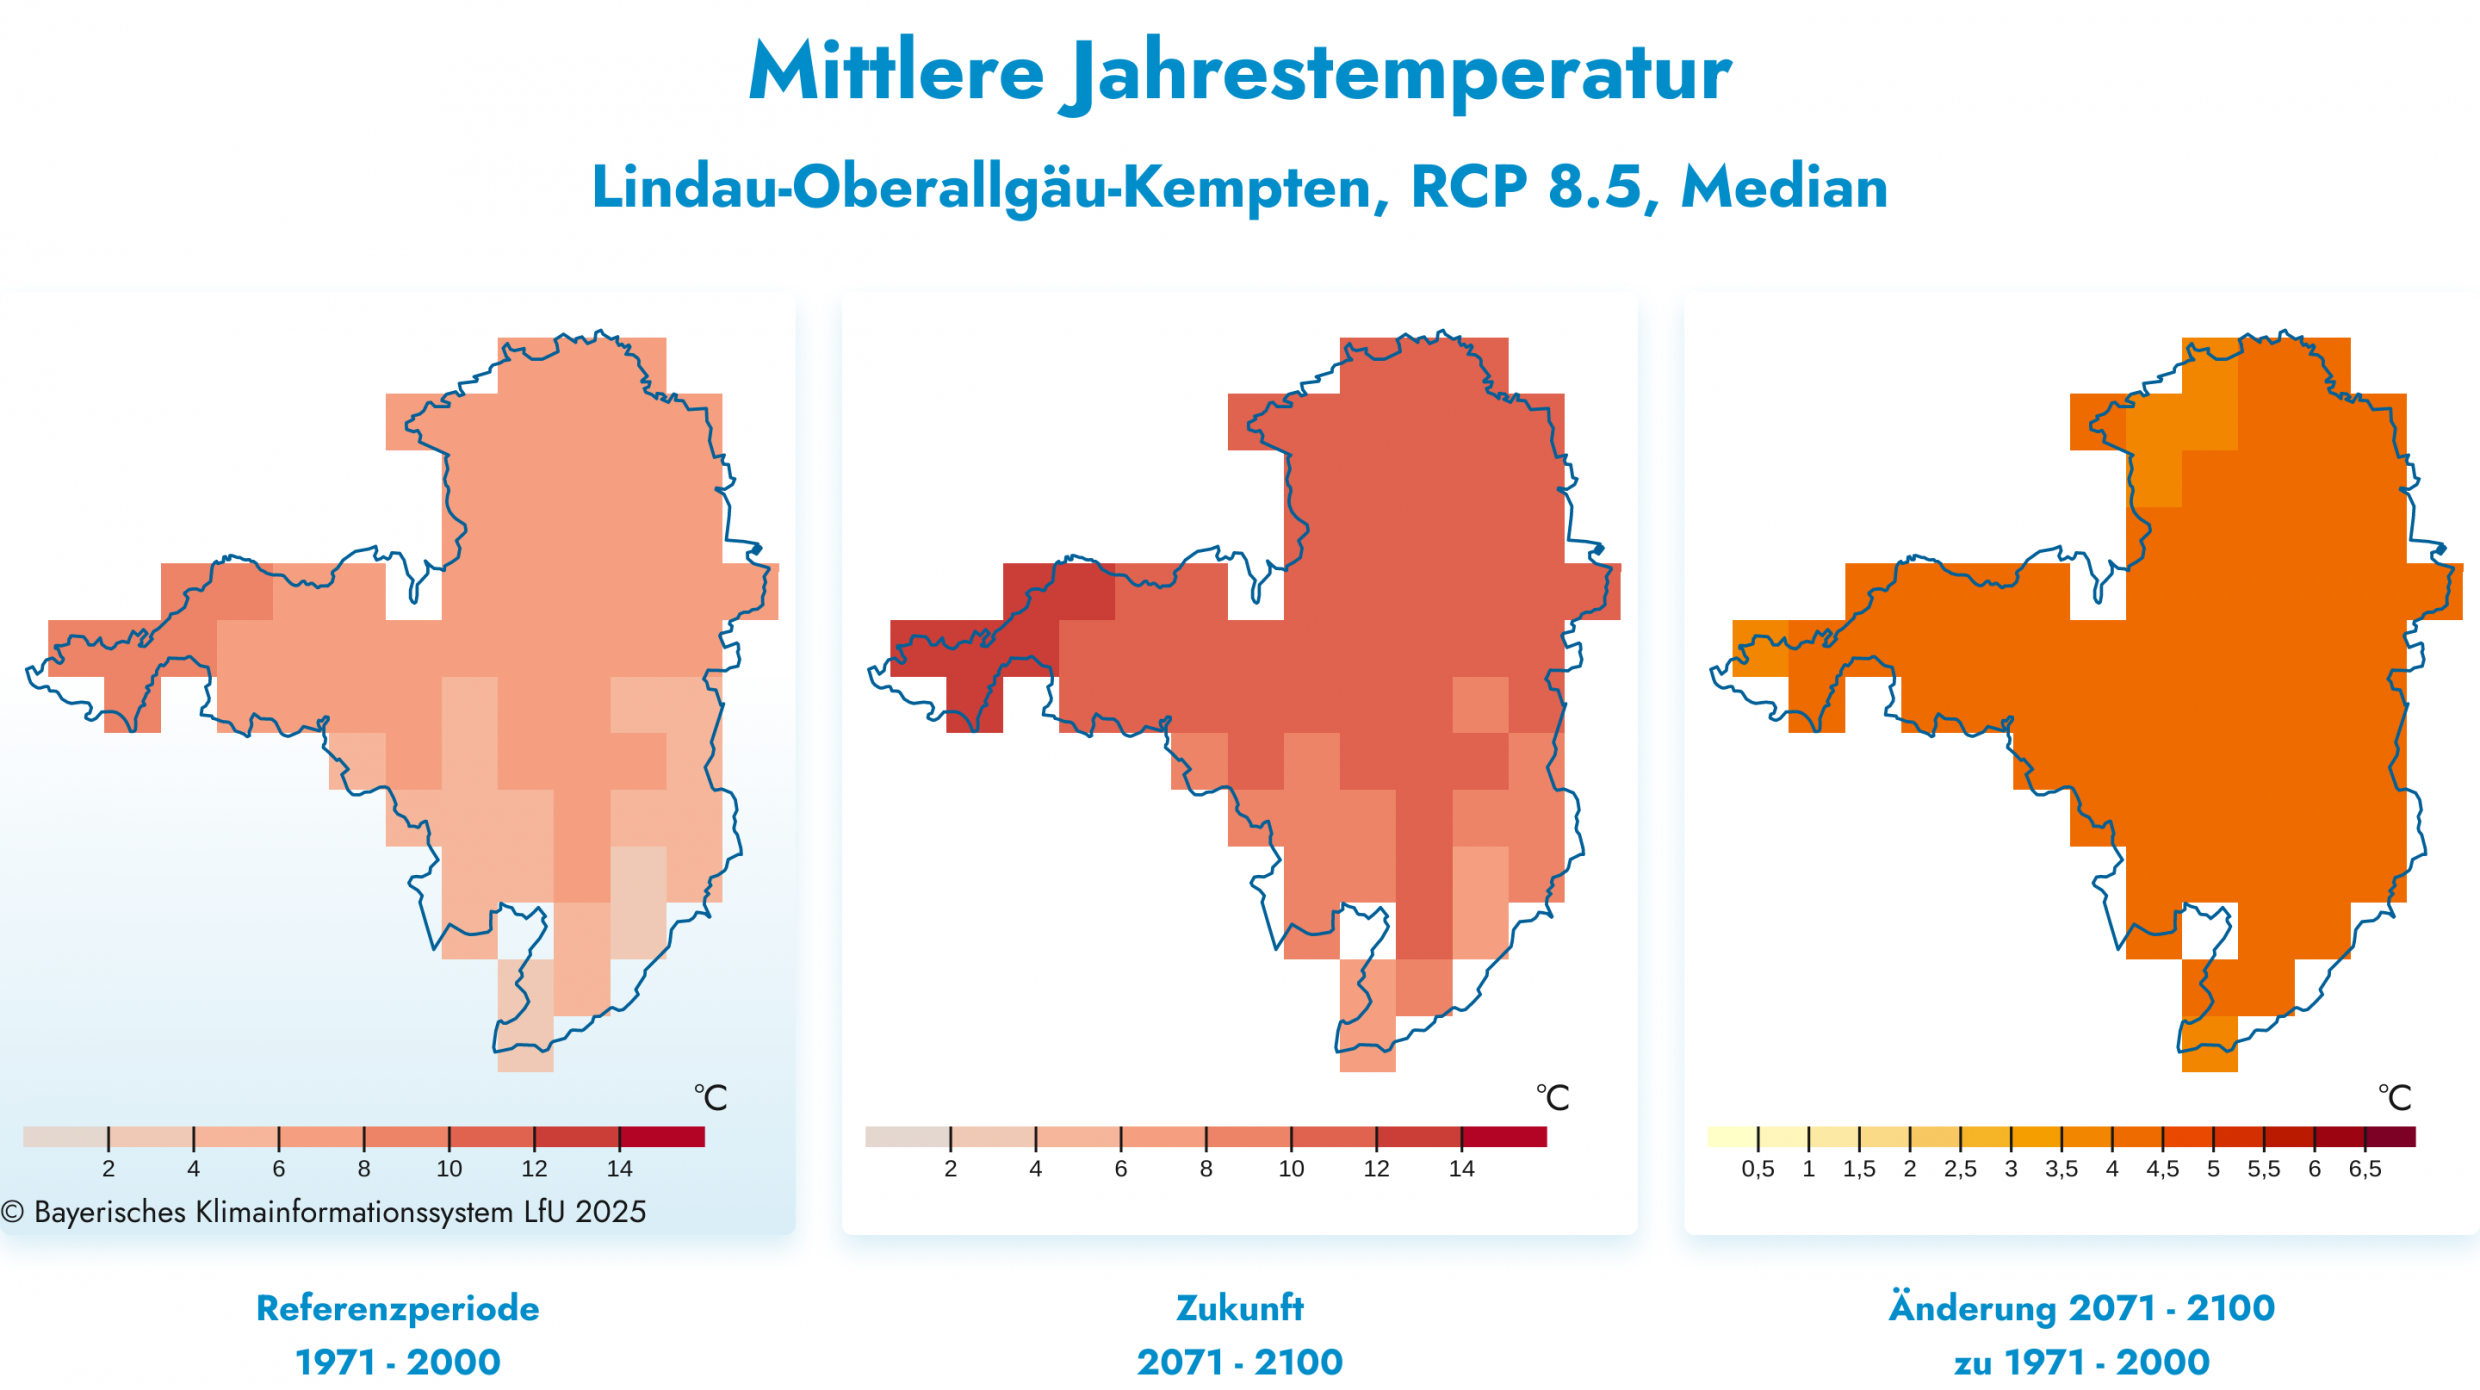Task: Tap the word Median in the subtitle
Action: tap(1783, 187)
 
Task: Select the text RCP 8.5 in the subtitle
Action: tap(1526, 187)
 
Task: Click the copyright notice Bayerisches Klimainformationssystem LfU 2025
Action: tap(325, 1212)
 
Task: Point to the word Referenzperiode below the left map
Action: tap(397, 1308)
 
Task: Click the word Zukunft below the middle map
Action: tap(1239, 1308)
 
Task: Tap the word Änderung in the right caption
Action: tap(1972, 1308)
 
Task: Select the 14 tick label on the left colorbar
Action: tap(619, 1169)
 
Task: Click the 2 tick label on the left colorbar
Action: tap(108, 1169)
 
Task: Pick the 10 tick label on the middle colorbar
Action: tap(1291, 1169)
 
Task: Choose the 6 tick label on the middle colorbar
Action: tap(1121, 1169)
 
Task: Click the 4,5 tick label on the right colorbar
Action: tap(2162, 1169)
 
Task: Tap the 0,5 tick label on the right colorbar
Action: tap(1758, 1169)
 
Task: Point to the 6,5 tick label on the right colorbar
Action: tap(2365, 1169)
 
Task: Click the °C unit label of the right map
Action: tap(2394, 1098)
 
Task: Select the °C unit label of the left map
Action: tap(710, 1098)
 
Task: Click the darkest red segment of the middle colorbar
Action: tap(1504, 1137)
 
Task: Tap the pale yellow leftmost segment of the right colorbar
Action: tap(1732, 1137)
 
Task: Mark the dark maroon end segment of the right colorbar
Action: tap(2391, 1137)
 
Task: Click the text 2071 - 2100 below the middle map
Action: tap(1239, 1362)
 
